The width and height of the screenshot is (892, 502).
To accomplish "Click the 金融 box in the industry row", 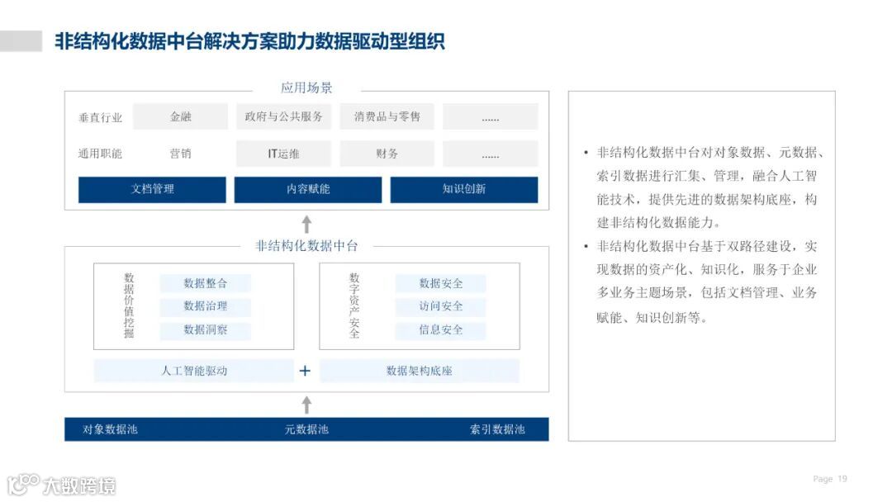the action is [x=180, y=117].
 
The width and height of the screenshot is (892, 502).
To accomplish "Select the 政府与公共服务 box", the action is [x=283, y=117].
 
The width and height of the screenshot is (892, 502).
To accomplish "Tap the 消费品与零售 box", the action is [x=387, y=117].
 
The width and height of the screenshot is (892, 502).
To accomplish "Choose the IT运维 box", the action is [x=283, y=154].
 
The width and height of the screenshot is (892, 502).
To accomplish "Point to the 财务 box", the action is [x=387, y=154].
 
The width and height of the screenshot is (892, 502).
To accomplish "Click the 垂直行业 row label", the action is [x=100, y=118].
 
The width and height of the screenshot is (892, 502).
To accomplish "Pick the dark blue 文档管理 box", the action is [x=152, y=189].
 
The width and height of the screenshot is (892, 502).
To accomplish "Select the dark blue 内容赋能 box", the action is [x=307, y=189].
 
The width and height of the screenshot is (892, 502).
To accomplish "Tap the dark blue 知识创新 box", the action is [x=463, y=189].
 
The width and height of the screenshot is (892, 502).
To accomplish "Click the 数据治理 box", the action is [x=205, y=306].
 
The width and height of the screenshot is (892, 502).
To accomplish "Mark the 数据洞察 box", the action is [x=205, y=330].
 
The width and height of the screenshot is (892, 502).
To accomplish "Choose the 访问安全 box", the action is [x=440, y=306].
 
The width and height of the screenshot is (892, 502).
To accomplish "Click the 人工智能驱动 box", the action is [x=193, y=371].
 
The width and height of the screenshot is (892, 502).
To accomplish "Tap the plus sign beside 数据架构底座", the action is [x=305, y=371].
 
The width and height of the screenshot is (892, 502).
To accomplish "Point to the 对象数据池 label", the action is [x=110, y=429].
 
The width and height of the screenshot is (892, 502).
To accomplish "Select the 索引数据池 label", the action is [x=497, y=429].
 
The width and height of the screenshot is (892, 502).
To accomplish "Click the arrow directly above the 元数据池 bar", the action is [x=306, y=405].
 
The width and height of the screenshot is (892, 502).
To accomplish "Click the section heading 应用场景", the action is [x=306, y=88].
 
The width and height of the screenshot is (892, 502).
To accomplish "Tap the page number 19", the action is [x=842, y=479].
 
